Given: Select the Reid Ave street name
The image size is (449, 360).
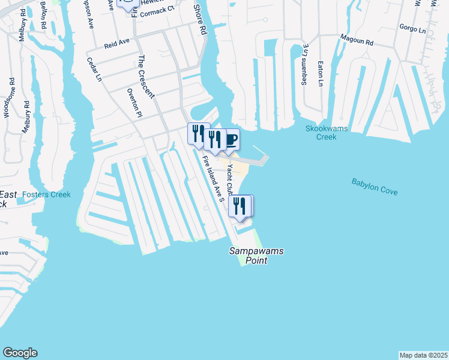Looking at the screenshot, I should click(x=117, y=44).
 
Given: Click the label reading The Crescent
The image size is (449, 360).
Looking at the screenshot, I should click(x=146, y=76).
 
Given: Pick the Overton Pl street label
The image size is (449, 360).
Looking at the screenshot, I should click(x=134, y=103).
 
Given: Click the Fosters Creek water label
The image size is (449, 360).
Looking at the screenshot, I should click(x=46, y=194).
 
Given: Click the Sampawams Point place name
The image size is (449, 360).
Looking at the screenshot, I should click(x=256, y=256).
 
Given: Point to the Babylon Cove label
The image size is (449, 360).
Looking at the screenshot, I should click(x=375, y=187).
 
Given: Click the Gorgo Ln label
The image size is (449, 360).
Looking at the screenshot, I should click(x=412, y=28).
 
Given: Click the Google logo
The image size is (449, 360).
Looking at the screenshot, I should click(x=20, y=353).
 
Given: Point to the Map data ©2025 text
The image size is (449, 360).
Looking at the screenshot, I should click(x=423, y=355).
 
